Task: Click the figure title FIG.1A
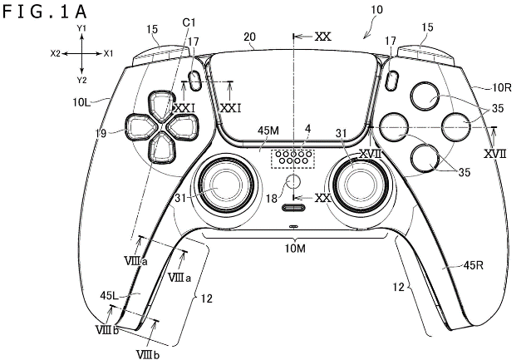click(x=45, y=12)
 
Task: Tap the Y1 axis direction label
click(x=81, y=28)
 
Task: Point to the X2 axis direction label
click(x=56, y=53)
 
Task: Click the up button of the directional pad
click(x=162, y=105)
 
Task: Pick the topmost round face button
click(x=425, y=96)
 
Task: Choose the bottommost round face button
click(x=425, y=157)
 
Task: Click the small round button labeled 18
click(x=293, y=181)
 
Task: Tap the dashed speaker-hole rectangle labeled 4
click(x=292, y=158)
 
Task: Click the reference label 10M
click(x=295, y=249)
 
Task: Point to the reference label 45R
click(x=474, y=265)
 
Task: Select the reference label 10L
click(x=81, y=101)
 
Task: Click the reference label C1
click(x=189, y=22)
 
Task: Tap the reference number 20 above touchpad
click(x=249, y=37)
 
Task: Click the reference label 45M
click(x=268, y=131)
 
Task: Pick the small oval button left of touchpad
click(x=194, y=81)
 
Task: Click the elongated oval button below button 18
click(x=294, y=208)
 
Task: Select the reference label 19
click(x=101, y=133)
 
